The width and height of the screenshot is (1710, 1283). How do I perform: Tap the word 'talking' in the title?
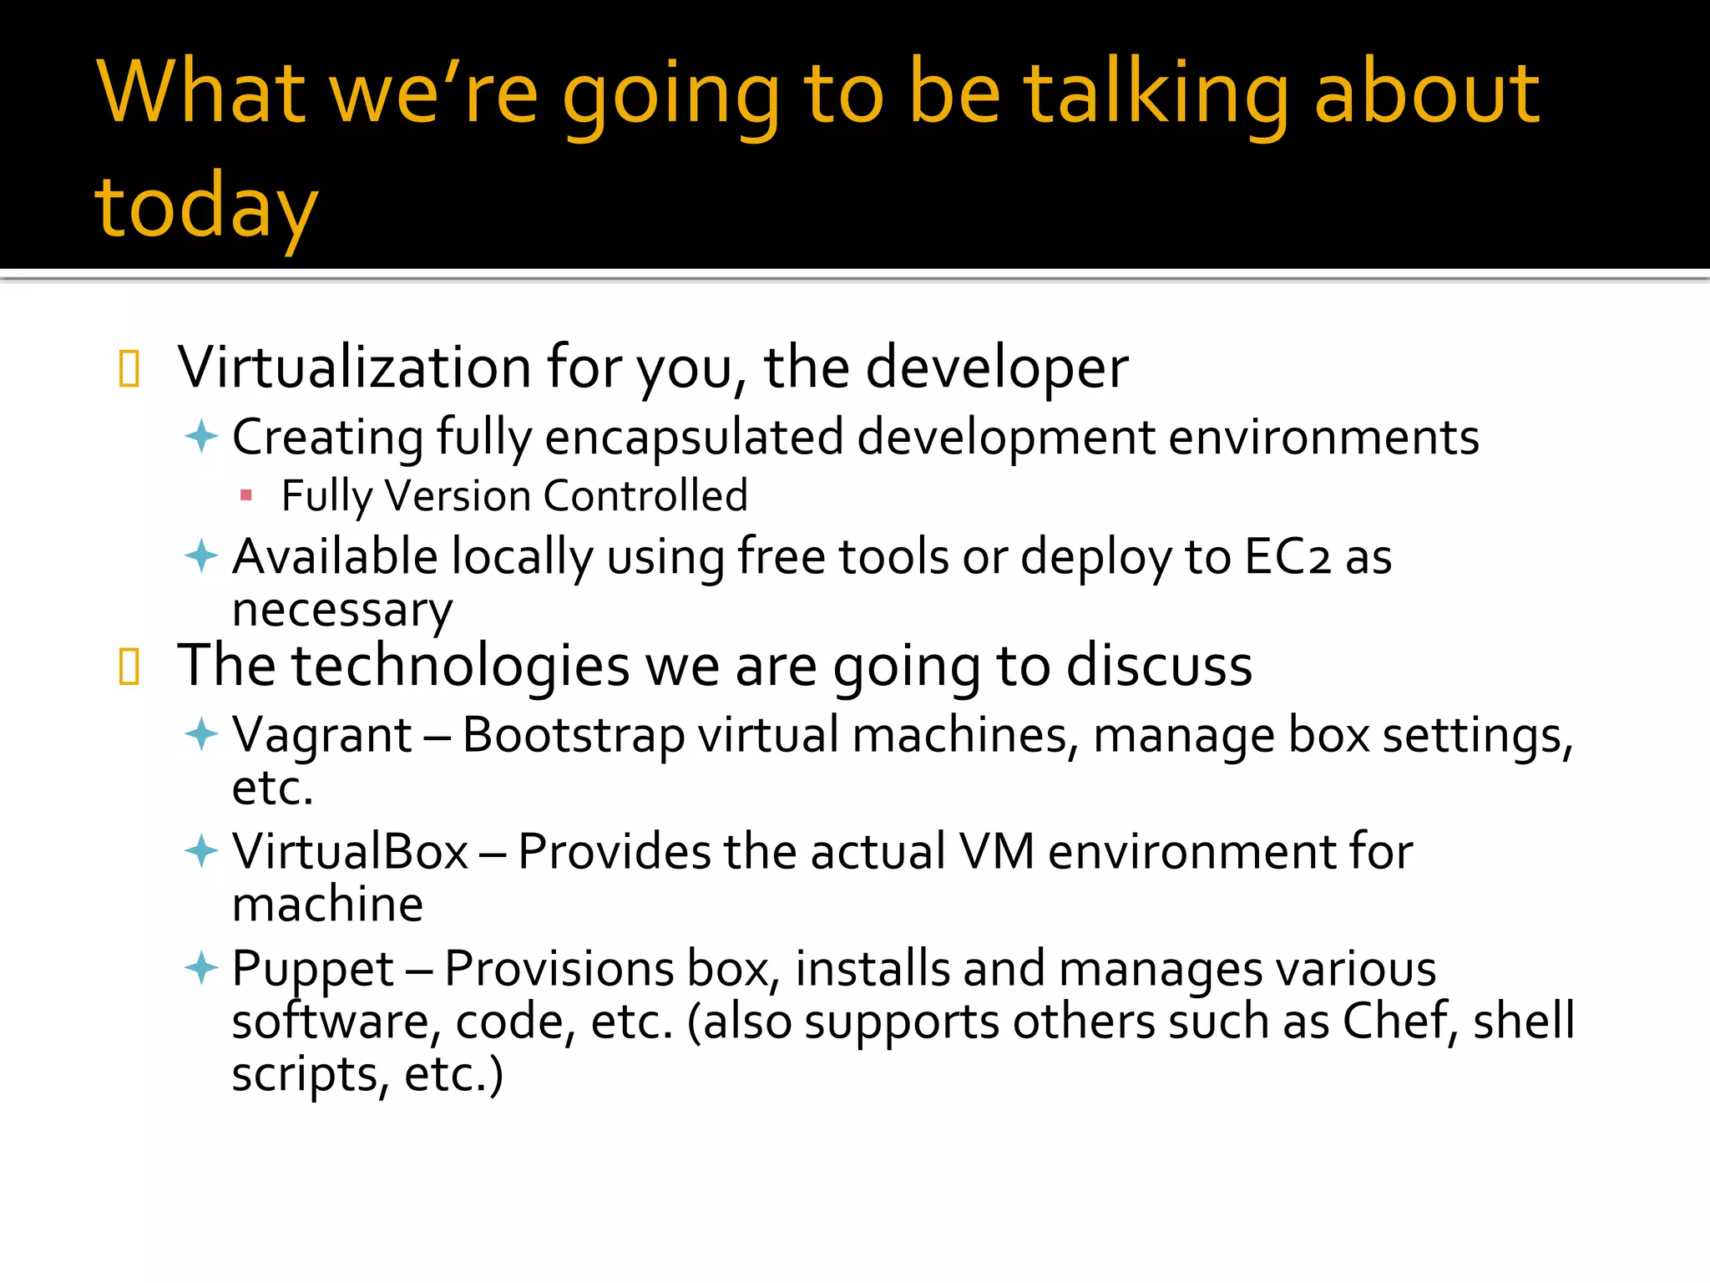point(1157,94)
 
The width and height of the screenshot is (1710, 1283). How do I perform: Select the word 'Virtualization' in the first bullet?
point(355,368)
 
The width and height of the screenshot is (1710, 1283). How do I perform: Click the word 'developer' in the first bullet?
point(997,368)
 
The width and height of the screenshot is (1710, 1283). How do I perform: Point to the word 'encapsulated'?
point(694,438)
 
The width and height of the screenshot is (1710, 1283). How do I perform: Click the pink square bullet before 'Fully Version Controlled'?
point(245,496)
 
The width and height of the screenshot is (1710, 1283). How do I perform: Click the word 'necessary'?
point(342,610)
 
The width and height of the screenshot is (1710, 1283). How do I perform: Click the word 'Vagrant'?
point(321,736)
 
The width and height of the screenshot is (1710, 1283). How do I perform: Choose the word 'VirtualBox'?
point(350,852)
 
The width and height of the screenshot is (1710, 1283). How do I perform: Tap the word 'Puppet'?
point(312,969)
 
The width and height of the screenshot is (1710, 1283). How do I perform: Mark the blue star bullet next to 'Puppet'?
point(201,969)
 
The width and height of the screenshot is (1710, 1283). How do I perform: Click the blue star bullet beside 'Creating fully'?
point(201,437)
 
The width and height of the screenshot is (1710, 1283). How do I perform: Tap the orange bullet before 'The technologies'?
point(129,667)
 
